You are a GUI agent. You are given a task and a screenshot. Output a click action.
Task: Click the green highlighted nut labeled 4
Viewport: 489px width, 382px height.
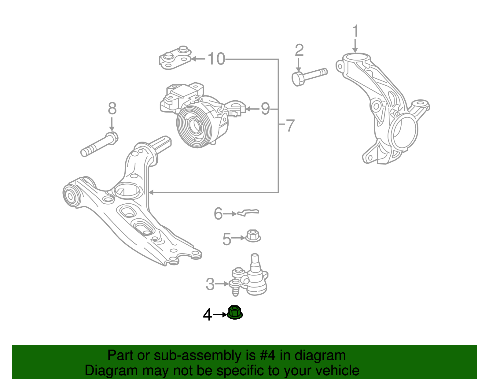point(235,312)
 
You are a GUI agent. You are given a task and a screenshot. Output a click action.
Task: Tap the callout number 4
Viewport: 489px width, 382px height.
point(207,315)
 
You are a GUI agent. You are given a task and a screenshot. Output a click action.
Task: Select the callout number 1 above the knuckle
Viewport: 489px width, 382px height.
point(355,32)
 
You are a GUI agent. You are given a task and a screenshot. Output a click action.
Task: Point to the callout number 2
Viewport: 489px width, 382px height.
point(299,50)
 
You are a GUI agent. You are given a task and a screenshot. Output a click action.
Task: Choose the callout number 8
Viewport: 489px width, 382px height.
point(112,109)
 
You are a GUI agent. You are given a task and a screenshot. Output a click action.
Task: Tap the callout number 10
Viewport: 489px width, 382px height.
point(216,59)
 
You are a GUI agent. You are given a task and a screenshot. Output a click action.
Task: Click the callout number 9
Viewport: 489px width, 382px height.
point(265,109)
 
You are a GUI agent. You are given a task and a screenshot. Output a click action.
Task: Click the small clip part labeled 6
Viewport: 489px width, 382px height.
point(248,212)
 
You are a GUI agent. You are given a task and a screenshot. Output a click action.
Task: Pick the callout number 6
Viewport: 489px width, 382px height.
point(218,213)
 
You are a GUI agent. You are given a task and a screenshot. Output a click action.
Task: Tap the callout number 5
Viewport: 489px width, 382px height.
point(226,239)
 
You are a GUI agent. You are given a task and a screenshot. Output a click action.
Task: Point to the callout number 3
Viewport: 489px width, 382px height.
point(210,284)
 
